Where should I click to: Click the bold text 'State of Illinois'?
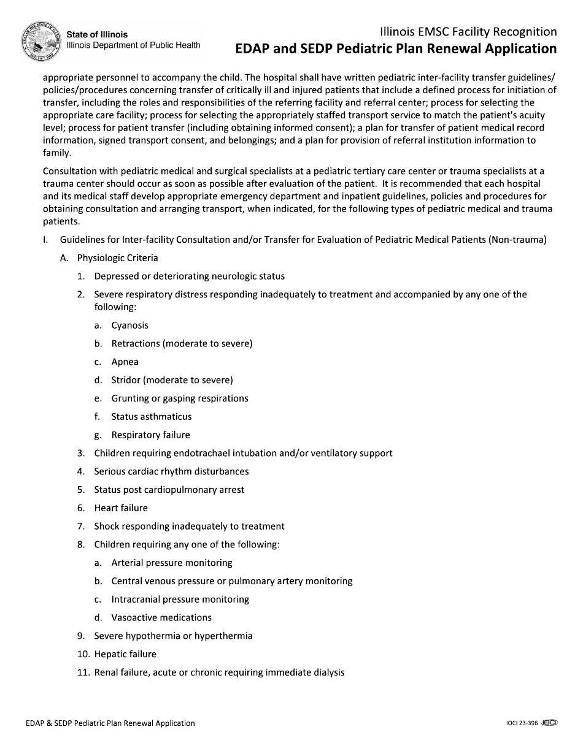(97, 35)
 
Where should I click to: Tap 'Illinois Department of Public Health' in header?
(133, 45)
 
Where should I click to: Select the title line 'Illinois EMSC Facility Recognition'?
(468, 32)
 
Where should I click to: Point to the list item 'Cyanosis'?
(129, 326)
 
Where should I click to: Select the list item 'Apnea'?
(125, 362)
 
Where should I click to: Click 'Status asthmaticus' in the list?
(151, 417)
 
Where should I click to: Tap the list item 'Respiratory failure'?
(150, 435)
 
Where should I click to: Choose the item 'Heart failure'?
(121, 508)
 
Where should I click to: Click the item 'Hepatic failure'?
(125, 654)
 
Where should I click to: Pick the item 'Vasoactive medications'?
(161, 618)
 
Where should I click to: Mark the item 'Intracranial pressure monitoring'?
(180, 600)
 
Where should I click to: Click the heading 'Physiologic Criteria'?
(117, 258)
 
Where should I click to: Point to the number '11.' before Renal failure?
(83, 672)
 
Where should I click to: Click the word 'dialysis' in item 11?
(328, 672)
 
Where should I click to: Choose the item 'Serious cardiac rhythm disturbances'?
(171, 471)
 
